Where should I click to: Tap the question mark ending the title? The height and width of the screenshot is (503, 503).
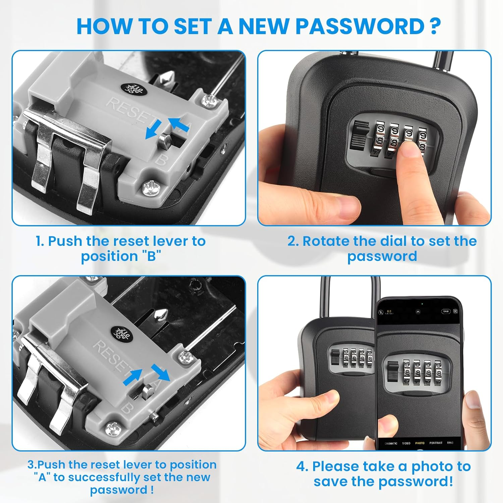434,26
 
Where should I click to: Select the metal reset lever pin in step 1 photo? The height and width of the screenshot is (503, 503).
165,138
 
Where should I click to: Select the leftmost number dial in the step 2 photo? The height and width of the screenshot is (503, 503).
380,139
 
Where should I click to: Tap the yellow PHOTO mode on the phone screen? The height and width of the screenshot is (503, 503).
420,443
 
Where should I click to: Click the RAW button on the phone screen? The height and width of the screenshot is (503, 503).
446,312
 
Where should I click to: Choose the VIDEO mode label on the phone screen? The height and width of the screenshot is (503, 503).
406,443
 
